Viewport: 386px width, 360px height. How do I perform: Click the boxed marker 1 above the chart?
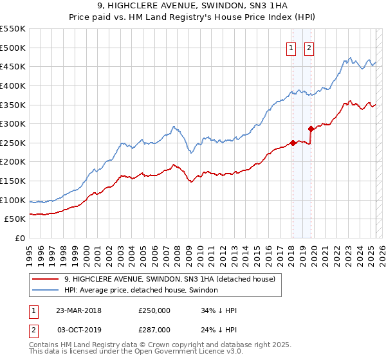click(x=291, y=47)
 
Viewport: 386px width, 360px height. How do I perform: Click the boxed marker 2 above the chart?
click(x=309, y=47)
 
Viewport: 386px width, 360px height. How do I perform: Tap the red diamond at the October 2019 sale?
click(x=311, y=129)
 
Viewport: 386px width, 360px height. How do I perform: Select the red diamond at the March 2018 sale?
click(x=293, y=143)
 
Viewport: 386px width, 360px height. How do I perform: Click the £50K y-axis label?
click(x=15, y=219)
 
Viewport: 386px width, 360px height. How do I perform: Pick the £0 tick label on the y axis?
click(x=20, y=238)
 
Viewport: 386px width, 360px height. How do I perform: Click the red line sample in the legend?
click(x=45, y=280)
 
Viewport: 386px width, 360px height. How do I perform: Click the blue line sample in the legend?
click(x=45, y=291)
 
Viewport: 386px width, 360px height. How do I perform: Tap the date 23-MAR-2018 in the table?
click(x=79, y=310)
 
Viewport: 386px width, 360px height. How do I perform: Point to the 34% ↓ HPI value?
click(x=218, y=310)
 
